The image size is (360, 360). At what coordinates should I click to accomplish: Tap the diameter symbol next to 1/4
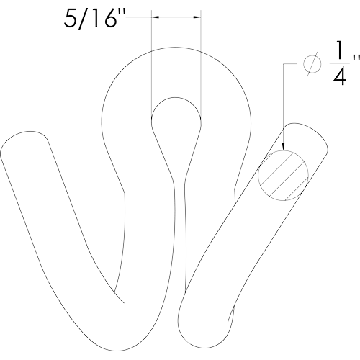(x=312, y=64)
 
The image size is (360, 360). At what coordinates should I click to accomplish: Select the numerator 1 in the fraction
(x=340, y=50)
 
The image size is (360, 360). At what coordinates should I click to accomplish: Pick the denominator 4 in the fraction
(x=340, y=76)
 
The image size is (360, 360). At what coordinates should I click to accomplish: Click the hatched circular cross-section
(x=283, y=176)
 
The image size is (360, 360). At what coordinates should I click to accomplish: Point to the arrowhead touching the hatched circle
(x=283, y=146)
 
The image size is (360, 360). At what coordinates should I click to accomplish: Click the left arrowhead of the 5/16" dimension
(x=156, y=17)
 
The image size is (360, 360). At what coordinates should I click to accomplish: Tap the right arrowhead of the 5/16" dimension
(x=197, y=17)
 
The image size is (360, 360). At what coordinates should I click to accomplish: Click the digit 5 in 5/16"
(x=70, y=19)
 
